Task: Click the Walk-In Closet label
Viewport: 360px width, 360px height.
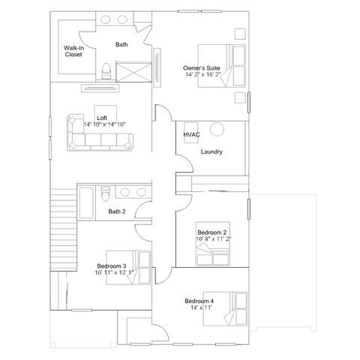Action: click(73, 51)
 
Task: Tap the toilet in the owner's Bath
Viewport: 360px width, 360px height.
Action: click(106, 71)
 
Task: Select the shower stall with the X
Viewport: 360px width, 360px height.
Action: click(133, 72)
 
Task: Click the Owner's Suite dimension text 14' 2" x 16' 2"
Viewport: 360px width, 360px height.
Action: click(203, 74)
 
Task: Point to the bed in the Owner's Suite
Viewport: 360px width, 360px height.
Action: click(221, 66)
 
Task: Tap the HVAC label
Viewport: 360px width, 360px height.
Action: click(191, 134)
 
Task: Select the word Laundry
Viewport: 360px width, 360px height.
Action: click(211, 151)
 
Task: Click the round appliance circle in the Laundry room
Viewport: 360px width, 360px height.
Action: click(217, 129)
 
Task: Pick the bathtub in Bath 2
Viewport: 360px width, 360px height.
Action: click(86, 202)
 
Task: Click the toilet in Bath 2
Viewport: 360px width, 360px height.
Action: click(106, 193)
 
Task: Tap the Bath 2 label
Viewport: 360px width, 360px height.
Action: click(117, 211)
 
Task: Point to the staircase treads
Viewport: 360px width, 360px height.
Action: click(64, 229)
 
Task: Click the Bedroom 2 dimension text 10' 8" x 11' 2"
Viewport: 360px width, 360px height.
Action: click(213, 238)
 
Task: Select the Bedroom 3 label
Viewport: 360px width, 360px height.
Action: click(112, 266)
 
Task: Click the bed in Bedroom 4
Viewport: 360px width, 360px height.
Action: click(225, 309)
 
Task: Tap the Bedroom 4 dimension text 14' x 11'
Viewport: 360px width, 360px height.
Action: click(201, 307)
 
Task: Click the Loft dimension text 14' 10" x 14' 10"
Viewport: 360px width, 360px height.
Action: click(104, 124)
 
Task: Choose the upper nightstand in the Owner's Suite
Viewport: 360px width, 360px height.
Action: click(240, 34)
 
